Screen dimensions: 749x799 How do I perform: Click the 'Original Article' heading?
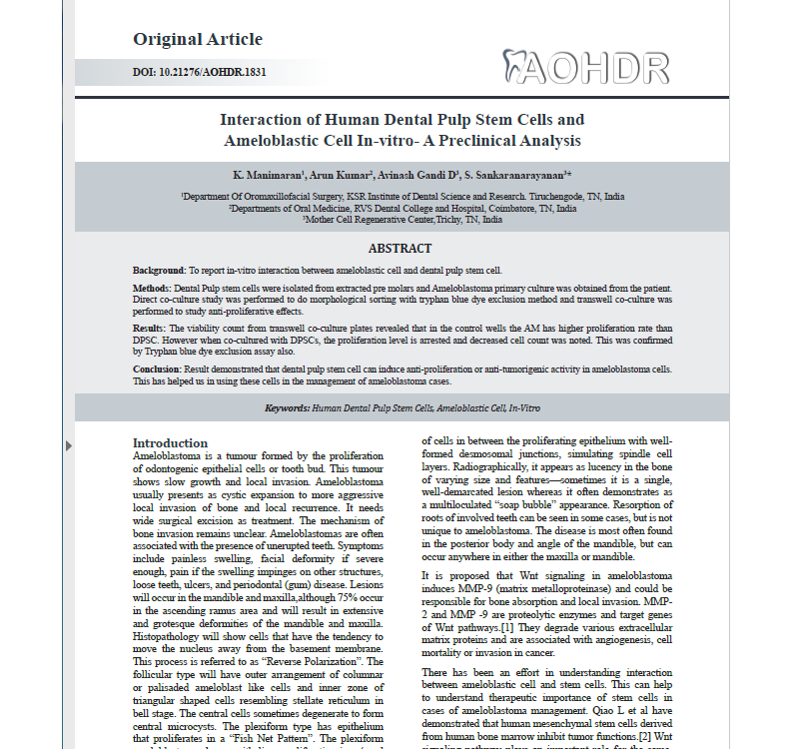[x=198, y=40]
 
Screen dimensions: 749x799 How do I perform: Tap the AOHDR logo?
[x=586, y=66]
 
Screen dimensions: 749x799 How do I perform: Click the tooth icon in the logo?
[x=516, y=65]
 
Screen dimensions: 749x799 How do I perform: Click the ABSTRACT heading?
[x=399, y=249]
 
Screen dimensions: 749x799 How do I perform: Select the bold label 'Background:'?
[x=159, y=271]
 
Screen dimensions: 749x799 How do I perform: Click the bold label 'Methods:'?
[x=152, y=288]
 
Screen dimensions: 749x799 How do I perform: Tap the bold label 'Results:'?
[x=150, y=328]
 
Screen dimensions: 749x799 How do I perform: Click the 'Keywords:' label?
[x=287, y=408]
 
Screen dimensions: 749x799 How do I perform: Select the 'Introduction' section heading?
[x=171, y=443]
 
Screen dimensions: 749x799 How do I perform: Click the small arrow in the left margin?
[x=68, y=444]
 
